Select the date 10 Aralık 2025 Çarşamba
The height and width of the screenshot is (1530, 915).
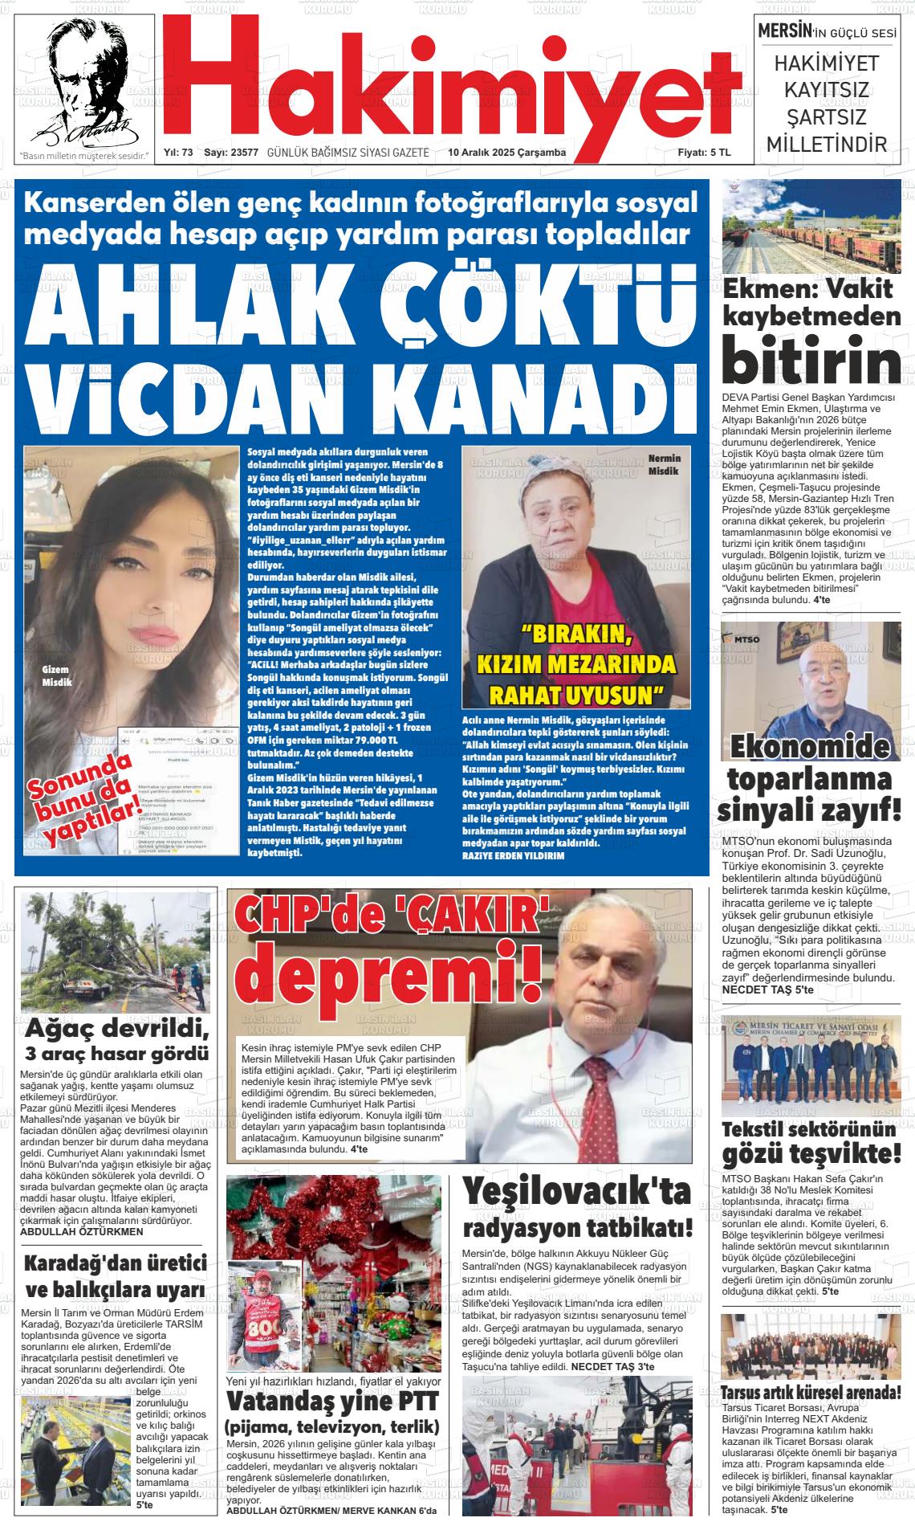(506, 153)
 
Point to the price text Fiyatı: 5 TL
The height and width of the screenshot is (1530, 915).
(704, 153)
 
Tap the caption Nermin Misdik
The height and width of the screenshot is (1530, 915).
(664, 464)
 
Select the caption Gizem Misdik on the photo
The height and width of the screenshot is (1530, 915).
(57, 675)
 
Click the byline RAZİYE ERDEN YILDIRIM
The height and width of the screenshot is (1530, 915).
(514, 855)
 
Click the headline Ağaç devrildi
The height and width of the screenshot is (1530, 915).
(117, 1029)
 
